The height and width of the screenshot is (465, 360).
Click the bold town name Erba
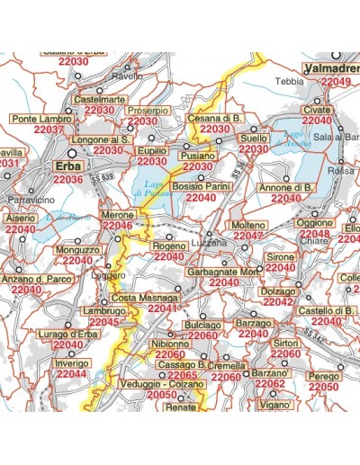click(68, 166)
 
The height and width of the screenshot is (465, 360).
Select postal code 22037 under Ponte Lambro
click(49, 130)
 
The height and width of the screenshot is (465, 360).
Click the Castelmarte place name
click(100, 99)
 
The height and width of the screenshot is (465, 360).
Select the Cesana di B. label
click(215, 119)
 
